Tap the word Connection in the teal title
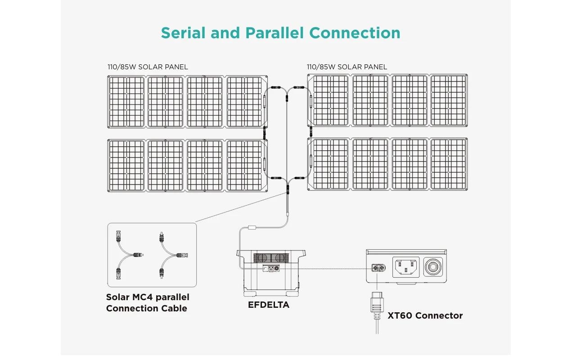(355, 33)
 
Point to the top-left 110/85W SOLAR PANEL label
(148, 67)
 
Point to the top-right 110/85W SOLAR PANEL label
(347, 67)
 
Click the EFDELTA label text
(269, 305)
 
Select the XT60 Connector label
(425, 315)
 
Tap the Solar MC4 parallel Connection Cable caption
(148, 302)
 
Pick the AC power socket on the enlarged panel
(406, 267)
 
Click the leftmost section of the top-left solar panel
(126, 102)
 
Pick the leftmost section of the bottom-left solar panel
(126, 166)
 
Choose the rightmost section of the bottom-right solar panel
(449, 164)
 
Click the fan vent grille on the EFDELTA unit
(270, 258)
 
